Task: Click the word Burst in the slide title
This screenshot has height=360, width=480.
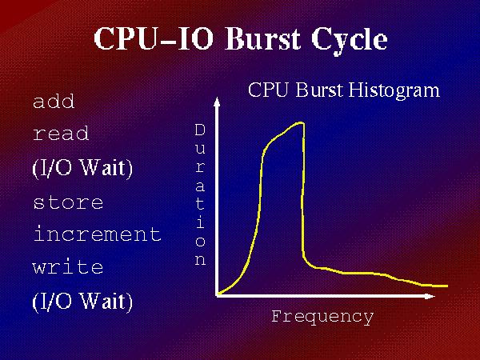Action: click(x=262, y=38)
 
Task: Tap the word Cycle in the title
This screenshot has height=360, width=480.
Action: click(x=350, y=41)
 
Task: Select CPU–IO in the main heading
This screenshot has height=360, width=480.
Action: click(x=153, y=38)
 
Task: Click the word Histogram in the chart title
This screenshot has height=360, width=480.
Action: click(x=394, y=91)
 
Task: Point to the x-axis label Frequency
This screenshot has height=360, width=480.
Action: click(x=322, y=317)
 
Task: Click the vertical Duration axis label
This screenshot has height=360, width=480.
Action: click(x=200, y=194)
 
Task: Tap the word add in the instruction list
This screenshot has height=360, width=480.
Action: click(x=54, y=102)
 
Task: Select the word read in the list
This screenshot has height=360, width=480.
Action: click(x=61, y=134)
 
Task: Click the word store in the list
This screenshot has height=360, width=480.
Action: click(x=68, y=202)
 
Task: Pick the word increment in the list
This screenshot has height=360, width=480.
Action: click(x=98, y=234)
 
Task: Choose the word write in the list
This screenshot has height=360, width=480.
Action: click(x=68, y=266)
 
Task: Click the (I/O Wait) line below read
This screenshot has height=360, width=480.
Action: click(x=82, y=168)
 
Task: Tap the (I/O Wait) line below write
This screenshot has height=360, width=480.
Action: click(x=82, y=302)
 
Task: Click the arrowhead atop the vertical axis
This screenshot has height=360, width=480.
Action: click(x=217, y=102)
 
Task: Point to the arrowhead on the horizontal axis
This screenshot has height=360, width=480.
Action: click(x=430, y=296)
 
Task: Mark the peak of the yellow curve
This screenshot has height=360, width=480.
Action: click(x=300, y=123)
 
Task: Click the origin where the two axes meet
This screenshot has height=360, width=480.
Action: click(x=217, y=296)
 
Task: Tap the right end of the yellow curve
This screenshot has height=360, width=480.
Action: click(x=447, y=286)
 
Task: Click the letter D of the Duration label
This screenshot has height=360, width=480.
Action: click(x=200, y=130)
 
